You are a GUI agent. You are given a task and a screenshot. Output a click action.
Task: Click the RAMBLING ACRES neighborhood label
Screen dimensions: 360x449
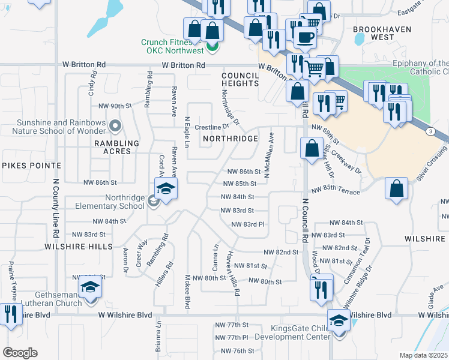click(x=116, y=147)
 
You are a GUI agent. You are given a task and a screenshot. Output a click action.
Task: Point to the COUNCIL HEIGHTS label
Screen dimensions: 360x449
click(x=240, y=79)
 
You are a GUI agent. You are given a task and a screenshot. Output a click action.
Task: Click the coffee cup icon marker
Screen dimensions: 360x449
click(x=306, y=37)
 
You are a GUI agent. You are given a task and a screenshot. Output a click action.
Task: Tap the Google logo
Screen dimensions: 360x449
click(x=20, y=352)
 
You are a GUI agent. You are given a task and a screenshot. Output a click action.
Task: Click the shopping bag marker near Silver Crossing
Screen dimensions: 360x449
click(x=397, y=188)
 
